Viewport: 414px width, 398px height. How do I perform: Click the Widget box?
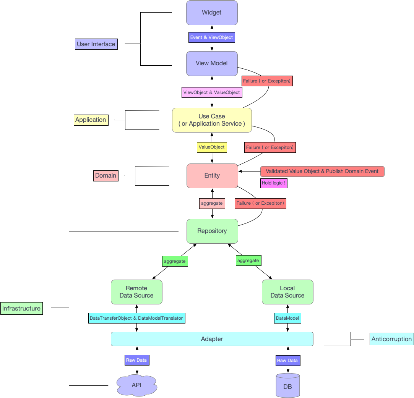click(x=212, y=13)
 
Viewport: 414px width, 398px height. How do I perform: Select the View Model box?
click(x=212, y=63)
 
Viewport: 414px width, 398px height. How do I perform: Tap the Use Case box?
click(x=212, y=120)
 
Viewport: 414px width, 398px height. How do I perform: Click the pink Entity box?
click(x=212, y=176)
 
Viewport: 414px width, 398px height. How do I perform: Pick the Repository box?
click(x=212, y=231)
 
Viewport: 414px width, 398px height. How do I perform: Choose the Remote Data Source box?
click(x=136, y=292)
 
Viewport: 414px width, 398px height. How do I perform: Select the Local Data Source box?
click(x=287, y=292)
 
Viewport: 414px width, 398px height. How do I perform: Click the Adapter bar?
click(x=212, y=339)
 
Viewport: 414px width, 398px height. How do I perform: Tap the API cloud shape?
click(x=136, y=385)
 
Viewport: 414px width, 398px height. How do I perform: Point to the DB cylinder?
click(x=287, y=386)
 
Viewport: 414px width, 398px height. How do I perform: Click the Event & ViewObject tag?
click(x=211, y=37)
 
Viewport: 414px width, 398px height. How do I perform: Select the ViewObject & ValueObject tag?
click(x=212, y=92)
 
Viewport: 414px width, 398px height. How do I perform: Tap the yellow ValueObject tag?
click(x=212, y=147)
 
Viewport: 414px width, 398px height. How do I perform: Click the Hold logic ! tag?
click(x=273, y=183)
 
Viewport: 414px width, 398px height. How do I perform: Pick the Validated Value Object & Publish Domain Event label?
click(x=322, y=171)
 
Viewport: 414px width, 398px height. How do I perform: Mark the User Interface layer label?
click(x=96, y=44)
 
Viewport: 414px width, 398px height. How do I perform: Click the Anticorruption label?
click(x=391, y=339)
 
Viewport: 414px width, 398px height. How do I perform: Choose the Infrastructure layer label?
click(x=21, y=309)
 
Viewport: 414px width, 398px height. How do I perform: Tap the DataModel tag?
click(x=287, y=318)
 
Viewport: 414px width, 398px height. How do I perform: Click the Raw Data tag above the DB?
click(x=287, y=361)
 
